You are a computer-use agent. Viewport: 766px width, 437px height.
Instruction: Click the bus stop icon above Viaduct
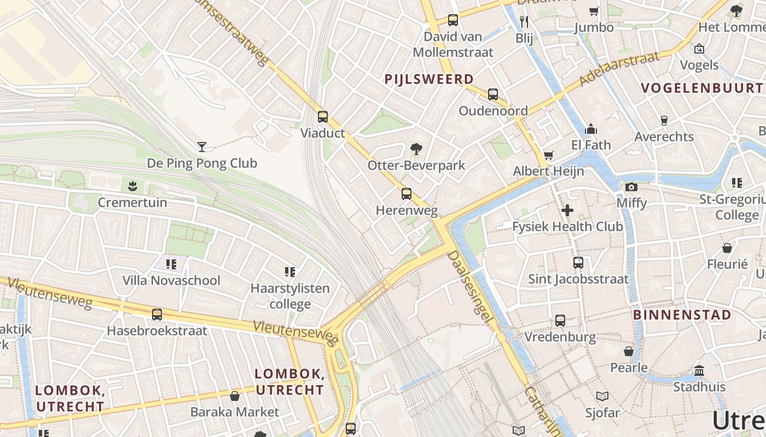click(x=323, y=116)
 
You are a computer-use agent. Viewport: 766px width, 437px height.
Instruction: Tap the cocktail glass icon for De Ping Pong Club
click(x=202, y=146)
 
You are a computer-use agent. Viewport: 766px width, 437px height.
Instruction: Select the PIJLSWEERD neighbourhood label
click(x=429, y=79)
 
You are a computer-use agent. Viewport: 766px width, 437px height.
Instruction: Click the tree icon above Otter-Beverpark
click(x=416, y=148)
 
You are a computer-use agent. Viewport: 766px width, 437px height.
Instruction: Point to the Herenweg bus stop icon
click(x=406, y=193)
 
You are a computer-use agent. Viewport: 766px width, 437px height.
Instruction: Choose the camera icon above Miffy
click(x=631, y=187)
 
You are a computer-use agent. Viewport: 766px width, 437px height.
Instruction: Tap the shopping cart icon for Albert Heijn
click(x=548, y=155)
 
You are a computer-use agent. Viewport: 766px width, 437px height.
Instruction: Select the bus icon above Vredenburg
click(x=560, y=320)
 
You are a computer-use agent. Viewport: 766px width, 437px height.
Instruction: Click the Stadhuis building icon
click(x=699, y=370)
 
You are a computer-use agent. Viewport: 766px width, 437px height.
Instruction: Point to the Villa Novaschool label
click(x=171, y=280)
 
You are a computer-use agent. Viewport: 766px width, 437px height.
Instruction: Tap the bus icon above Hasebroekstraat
click(x=157, y=314)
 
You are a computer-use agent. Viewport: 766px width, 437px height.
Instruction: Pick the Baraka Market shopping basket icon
click(x=235, y=395)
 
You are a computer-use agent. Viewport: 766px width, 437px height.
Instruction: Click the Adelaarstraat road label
click(x=619, y=69)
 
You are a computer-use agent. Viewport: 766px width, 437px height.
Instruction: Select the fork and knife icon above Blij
click(x=524, y=21)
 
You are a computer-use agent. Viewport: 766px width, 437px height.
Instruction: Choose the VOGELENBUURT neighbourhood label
click(x=701, y=88)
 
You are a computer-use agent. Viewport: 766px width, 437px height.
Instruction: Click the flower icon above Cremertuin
click(x=132, y=186)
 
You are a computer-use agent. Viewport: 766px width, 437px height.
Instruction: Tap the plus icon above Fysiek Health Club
click(x=567, y=210)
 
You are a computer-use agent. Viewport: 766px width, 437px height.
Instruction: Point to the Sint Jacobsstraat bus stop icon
click(x=578, y=263)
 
